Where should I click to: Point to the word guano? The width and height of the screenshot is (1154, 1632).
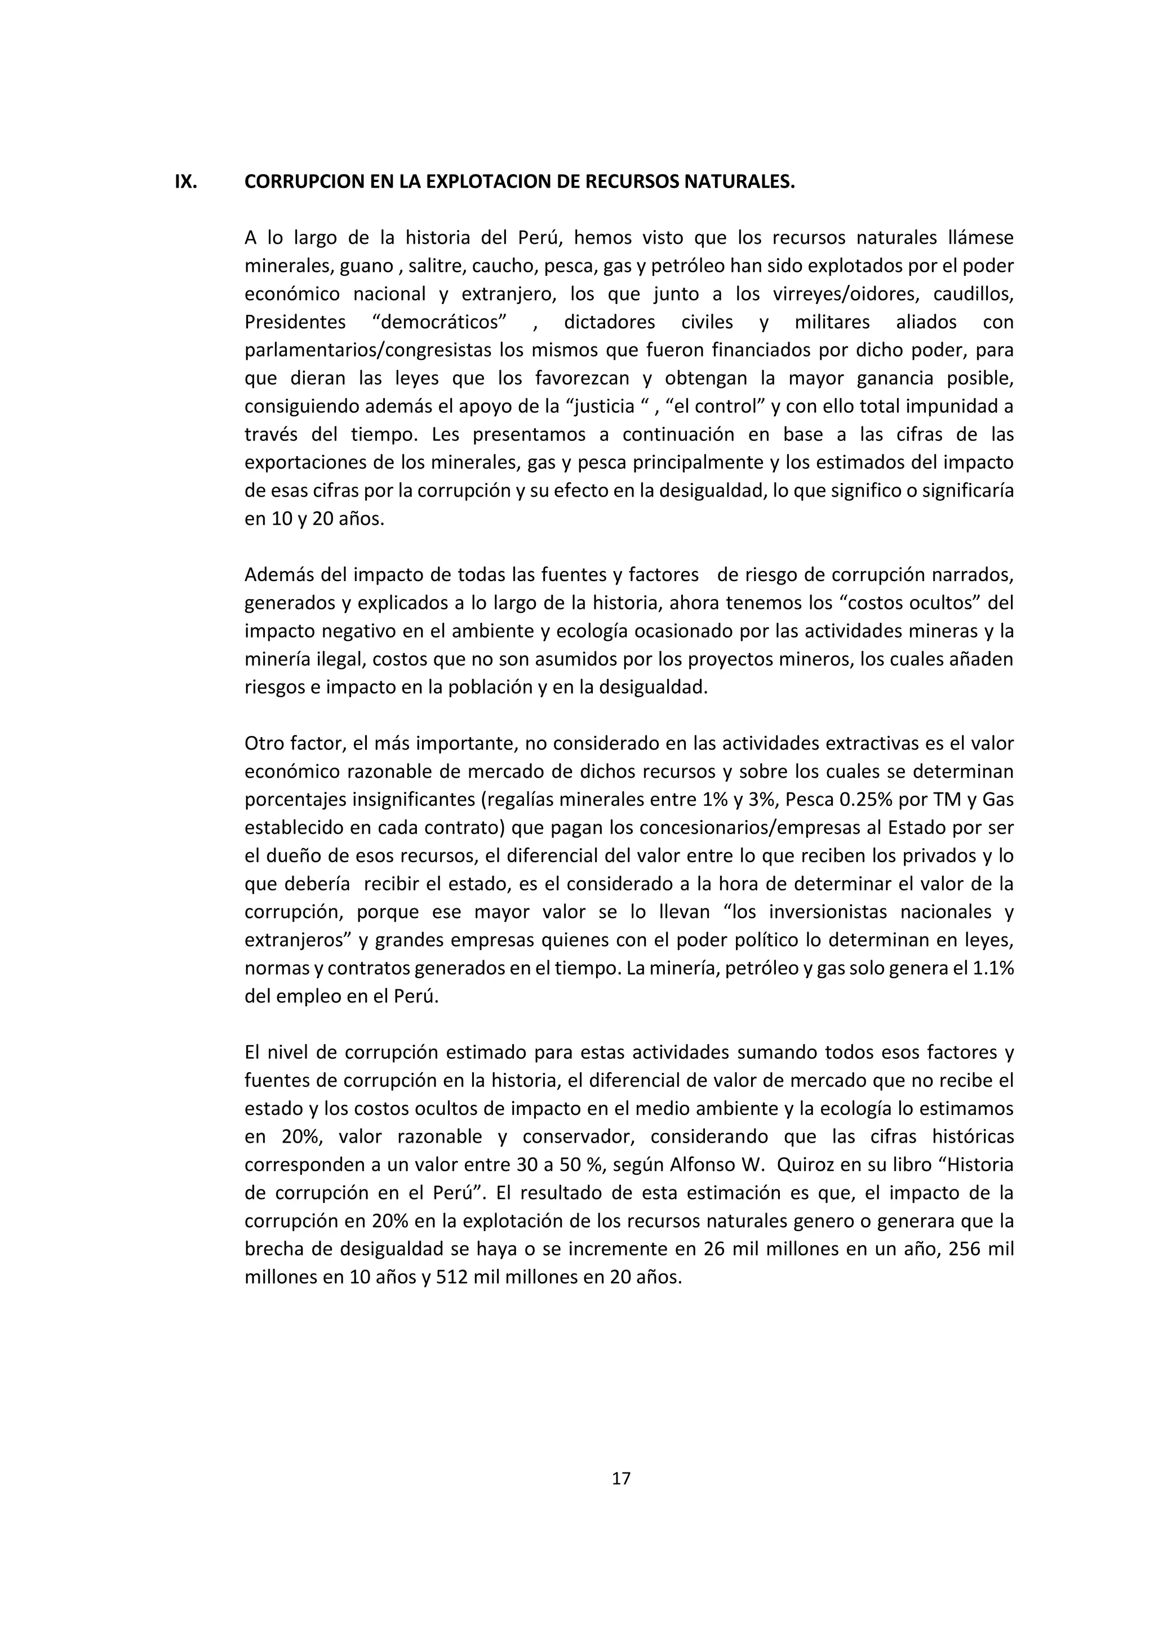click(x=366, y=266)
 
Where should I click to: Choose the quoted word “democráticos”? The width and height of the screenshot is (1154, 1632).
click(x=440, y=322)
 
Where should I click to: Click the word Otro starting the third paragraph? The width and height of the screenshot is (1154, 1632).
click(x=264, y=743)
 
